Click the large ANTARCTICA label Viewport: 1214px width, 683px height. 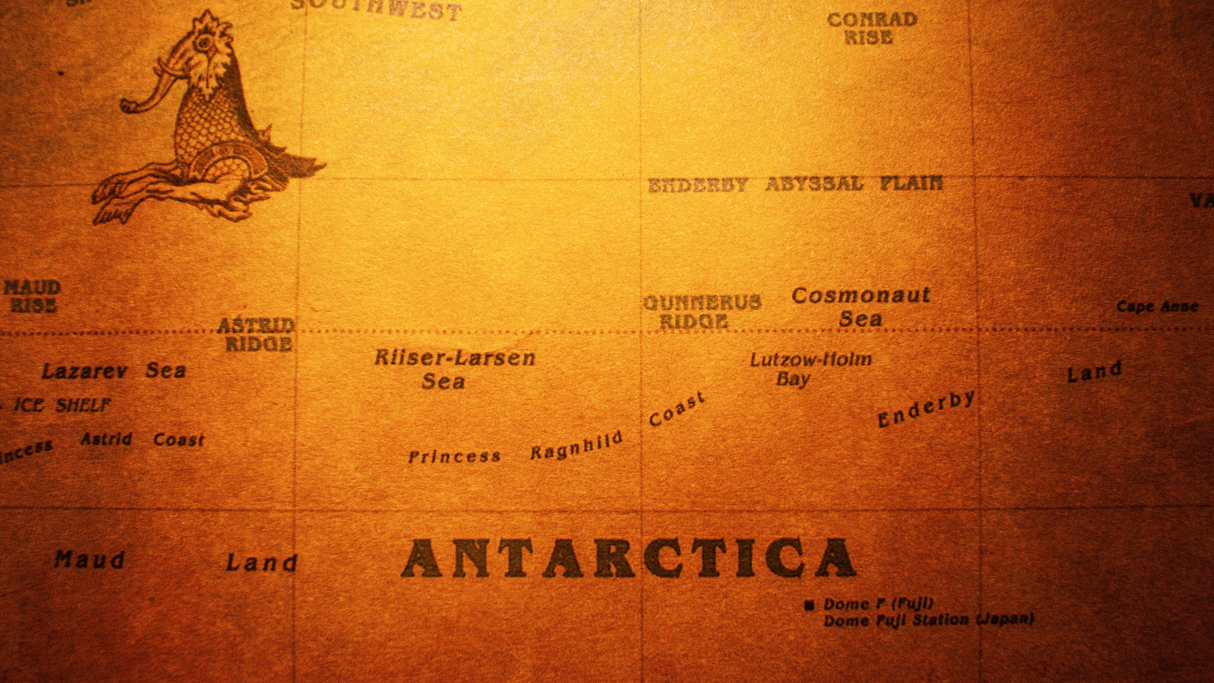628,558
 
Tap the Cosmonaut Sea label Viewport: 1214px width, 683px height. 861,307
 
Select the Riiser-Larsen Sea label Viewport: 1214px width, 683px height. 454,369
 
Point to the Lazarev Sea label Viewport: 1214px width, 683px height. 114,371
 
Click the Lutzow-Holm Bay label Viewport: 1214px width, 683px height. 810,369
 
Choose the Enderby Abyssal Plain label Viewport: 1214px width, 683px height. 795,184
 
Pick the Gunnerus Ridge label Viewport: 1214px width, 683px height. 701,311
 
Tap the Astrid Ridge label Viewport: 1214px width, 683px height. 257,335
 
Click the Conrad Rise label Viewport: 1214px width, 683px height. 871,28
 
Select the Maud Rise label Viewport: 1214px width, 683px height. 32,296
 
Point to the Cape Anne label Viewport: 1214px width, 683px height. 1156,307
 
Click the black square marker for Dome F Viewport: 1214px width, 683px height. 809,606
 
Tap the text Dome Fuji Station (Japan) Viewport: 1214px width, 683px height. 928,620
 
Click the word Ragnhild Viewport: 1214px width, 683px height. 576,446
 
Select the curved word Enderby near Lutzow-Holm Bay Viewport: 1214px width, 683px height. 926,409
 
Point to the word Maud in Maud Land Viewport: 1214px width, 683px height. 89,559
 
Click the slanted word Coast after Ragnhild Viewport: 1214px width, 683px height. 677,409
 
